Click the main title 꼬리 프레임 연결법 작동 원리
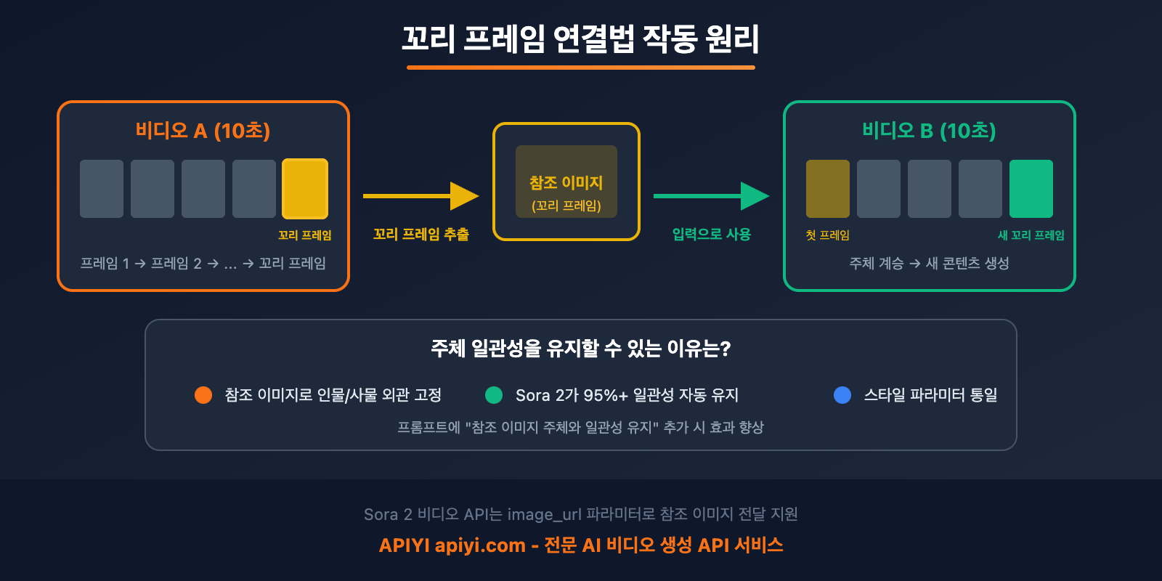pyautogui.click(x=581, y=38)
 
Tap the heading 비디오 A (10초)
pyautogui.click(x=203, y=131)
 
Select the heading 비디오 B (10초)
pyautogui.click(x=929, y=131)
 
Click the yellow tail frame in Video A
pyautogui.click(x=305, y=189)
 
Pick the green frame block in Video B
pyautogui.click(x=1031, y=189)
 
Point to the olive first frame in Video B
pyautogui.click(x=828, y=189)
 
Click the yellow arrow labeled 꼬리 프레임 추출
pyautogui.click(x=420, y=196)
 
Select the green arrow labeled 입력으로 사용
pyautogui.click(x=711, y=196)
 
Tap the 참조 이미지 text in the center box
pyautogui.click(x=566, y=183)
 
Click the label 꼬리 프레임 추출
pyautogui.click(x=421, y=235)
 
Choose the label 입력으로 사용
pyautogui.click(x=712, y=235)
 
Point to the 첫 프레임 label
pyautogui.click(x=827, y=235)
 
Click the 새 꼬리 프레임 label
pyautogui.click(x=1031, y=235)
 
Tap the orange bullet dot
pyautogui.click(x=203, y=395)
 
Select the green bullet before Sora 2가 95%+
pyautogui.click(x=494, y=395)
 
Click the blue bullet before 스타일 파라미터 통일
pyautogui.click(x=842, y=395)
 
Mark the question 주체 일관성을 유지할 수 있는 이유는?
pyautogui.click(x=581, y=349)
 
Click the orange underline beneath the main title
pyautogui.click(x=581, y=68)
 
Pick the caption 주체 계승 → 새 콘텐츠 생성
pyautogui.click(x=929, y=264)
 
